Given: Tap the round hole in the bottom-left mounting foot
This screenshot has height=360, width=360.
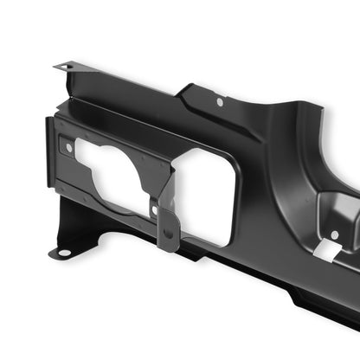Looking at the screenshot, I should (62, 254).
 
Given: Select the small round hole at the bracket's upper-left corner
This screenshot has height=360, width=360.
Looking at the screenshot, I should (69, 148).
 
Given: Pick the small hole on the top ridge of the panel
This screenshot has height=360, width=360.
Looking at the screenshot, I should (220, 102).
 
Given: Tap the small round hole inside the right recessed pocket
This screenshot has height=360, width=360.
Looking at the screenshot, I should (334, 234).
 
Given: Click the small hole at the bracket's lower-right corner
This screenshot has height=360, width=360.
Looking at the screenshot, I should (154, 209).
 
